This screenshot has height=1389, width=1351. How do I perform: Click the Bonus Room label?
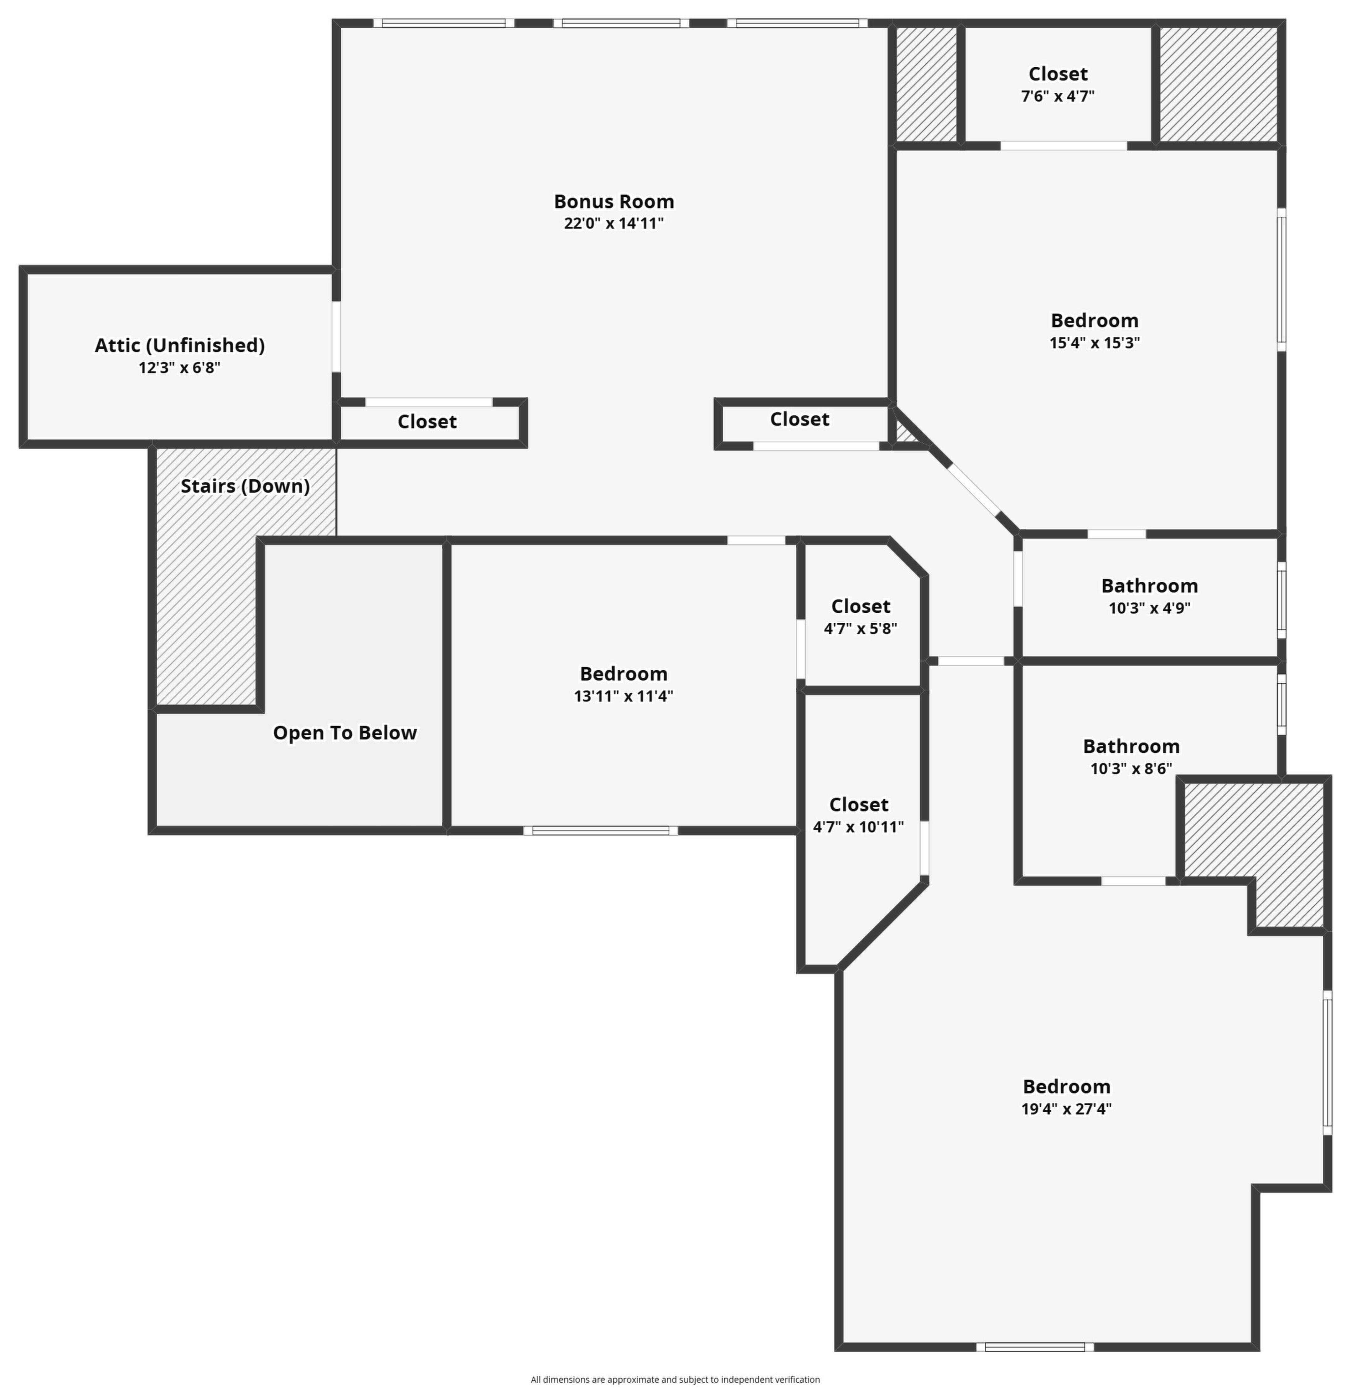(x=614, y=202)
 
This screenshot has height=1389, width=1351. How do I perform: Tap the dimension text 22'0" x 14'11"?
(x=614, y=224)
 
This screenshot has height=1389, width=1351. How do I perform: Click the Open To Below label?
(x=345, y=733)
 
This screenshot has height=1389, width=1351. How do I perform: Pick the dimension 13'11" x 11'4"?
(x=624, y=696)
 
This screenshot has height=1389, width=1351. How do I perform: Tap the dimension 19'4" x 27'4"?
(x=1066, y=1109)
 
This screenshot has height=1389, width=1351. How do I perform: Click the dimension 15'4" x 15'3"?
(x=1095, y=343)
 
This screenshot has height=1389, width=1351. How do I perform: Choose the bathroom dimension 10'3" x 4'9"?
(x=1150, y=608)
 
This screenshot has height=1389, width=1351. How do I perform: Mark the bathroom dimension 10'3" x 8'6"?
(x=1131, y=768)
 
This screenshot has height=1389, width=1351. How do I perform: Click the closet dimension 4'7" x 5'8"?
(x=861, y=629)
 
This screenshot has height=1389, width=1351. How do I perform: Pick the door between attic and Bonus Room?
(x=336, y=336)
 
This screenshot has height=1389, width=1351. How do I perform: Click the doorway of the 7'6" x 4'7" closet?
(x=1064, y=146)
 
